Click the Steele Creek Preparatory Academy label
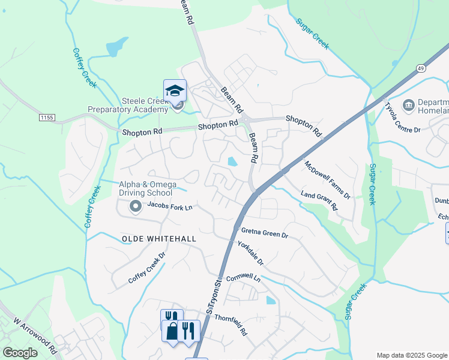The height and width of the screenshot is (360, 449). (128, 105)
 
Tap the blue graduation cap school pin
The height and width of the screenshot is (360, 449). (175, 91)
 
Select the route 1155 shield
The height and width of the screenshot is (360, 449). (46, 116)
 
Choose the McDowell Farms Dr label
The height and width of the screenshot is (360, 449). (327, 179)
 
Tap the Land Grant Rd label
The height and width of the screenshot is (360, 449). (319, 200)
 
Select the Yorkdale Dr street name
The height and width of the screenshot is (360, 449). (250, 253)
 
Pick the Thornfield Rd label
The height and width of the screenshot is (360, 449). (231, 324)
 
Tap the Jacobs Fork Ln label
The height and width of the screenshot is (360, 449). (169, 207)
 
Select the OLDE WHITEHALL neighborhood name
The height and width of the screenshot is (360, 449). (159, 238)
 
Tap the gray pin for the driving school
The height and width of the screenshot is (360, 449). (135, 207)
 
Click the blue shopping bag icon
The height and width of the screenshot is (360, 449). (172, 331)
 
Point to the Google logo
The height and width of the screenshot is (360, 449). (20, 353)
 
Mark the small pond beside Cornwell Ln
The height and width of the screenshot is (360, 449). (271, 300)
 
